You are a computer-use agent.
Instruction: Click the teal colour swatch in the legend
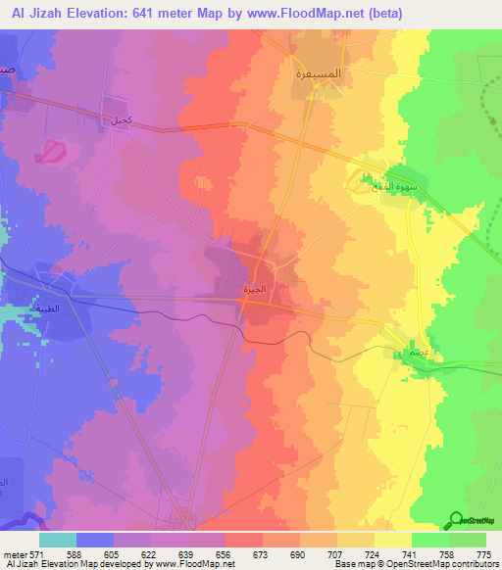pyautogui.click(x=58, y=540)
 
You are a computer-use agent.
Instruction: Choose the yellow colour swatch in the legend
pyautogui.click(x=393, y=540)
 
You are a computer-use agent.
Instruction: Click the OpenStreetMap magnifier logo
pyautogui.click(x=457, y=520)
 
